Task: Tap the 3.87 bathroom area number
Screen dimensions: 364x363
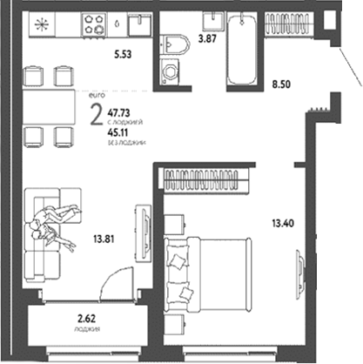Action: (x=207, y=38)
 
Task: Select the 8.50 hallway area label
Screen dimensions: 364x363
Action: (x=282, y=84)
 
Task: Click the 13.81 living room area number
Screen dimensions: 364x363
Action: (x=104, y=238)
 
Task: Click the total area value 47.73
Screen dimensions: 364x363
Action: (x=121, y=112)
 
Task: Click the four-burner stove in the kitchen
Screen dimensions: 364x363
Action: (x=93, y=26)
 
